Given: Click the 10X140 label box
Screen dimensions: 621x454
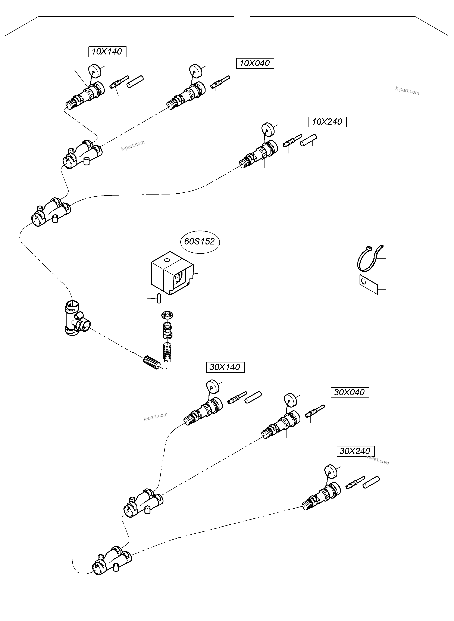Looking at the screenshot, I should (x=107, y=52).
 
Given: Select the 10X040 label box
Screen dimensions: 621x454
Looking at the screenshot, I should (x=255, y=63).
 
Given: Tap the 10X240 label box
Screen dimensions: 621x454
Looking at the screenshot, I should (x=327, y=122).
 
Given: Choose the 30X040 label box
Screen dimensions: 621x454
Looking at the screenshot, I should (x=350, y=392).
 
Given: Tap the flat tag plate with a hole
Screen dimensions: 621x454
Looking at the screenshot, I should (x=368, y=284).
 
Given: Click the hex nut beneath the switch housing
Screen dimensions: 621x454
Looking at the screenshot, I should (x=167, y=315).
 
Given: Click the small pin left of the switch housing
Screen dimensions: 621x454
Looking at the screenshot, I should (x=159, y=298).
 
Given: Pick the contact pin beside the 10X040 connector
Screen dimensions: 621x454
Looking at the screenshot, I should (x=220, y=82).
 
